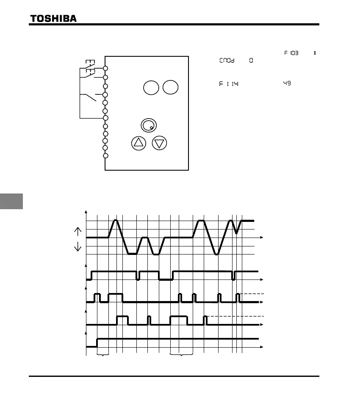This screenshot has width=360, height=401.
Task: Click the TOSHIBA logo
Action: pyautogui.click(x=53, y=18)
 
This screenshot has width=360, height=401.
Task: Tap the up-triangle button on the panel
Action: pyautogui.click(x=138, y=143)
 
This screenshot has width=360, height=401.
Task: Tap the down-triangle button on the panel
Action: pyautogui.click(x=159, y=143)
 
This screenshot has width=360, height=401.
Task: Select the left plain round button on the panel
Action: pyautogui.click(x=151, y=88)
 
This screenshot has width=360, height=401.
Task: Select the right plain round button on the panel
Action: pyautogui.click(x=170, y=88)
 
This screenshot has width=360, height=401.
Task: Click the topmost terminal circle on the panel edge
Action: pyautogui.click(x=105, y=68)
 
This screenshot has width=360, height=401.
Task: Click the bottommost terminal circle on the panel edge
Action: pyautogui.click(x=105, y=156)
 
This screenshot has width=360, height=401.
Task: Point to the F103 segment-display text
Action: pyautogui.click(x=291, y=53)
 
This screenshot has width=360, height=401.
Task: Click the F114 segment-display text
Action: pyautogui.click(x=229, y=84)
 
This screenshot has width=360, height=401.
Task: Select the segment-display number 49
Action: pyautogui.click(x=287, y=83)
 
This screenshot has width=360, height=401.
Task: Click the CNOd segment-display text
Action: pyautogui.click(x=228, y=61)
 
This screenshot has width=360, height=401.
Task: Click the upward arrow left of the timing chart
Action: pyautogui.click(x=78, y=231)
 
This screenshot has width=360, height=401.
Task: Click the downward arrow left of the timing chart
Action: pyautogui.click(x=78, y=246)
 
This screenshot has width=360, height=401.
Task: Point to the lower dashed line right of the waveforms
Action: pyautogui.click(x=233, y=316)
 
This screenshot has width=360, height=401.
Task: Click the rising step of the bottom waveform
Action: pyautogui.click(x=97, y=342)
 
